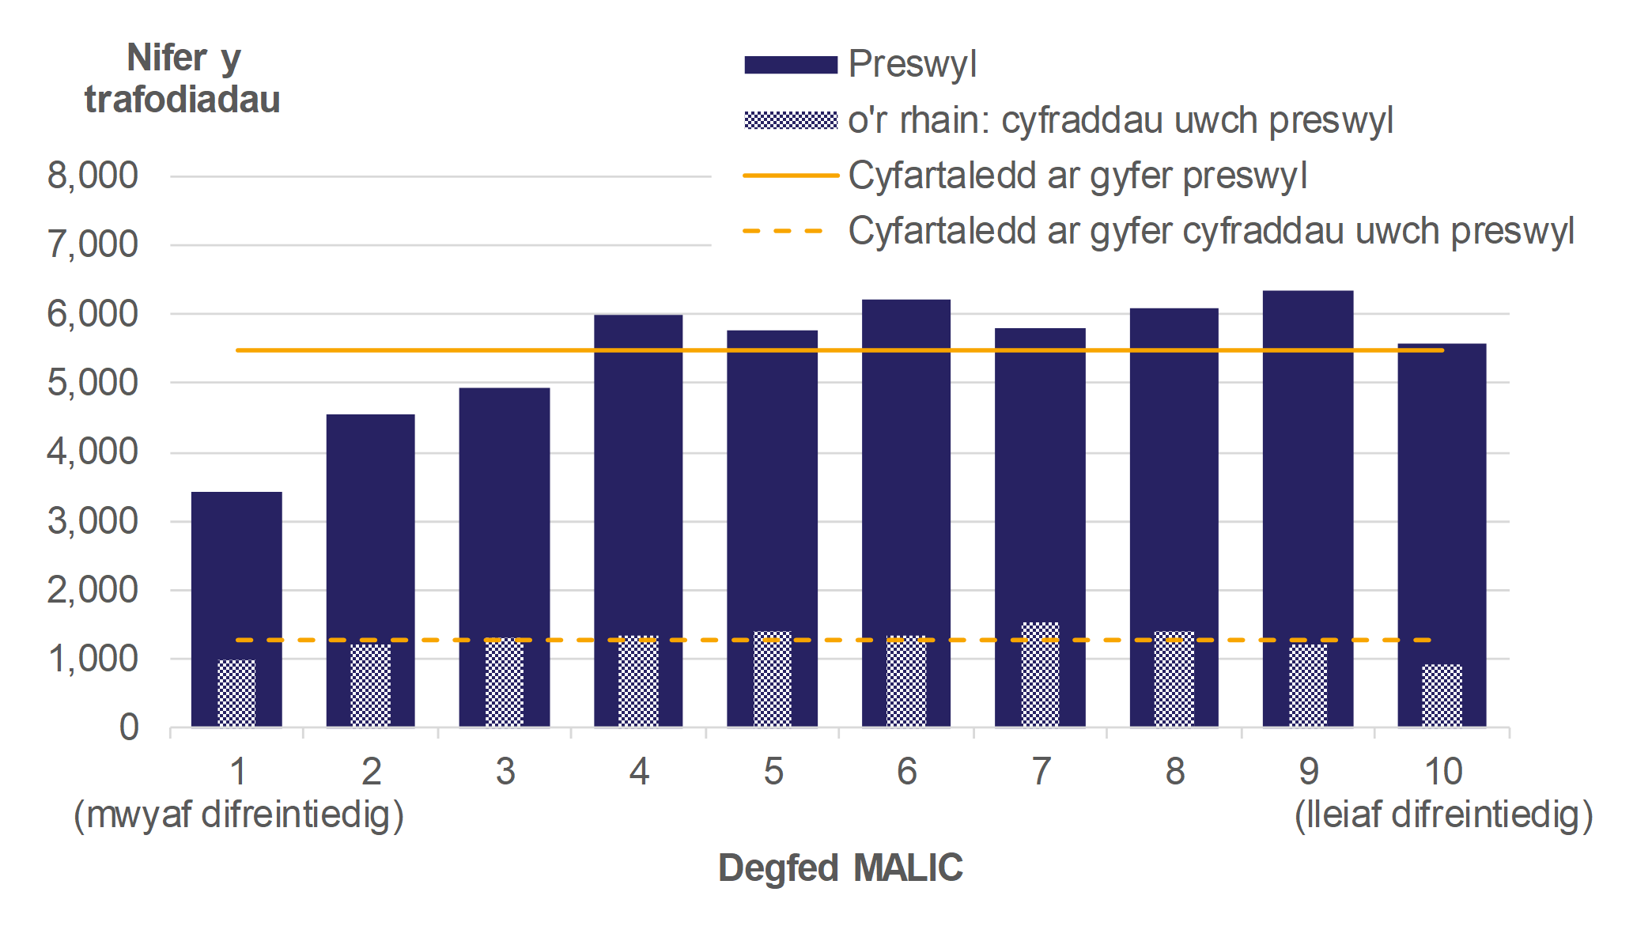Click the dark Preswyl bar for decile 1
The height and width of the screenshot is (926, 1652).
pyautogui.click(x=236, y=569)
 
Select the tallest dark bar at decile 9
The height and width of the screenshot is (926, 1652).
pyautogui.click(x=1308, y=474)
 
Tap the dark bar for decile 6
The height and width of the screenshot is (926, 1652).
pyautogui.click(x=906, y=474)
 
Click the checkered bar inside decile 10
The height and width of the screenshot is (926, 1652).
pyautogui.click(x=1442, y=696)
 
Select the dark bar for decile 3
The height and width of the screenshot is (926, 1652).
pyautogui.click(x=505, y=514)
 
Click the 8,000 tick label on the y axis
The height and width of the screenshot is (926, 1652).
pyautogui.click(x=93, y=176)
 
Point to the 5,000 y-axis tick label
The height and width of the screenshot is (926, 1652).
pyautogui.click(x=93, y=383)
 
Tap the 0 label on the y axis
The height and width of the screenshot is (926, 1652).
pyautogui.click(x=129, y=727)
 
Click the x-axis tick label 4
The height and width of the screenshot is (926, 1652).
pyautogui.click(x=639, y=771)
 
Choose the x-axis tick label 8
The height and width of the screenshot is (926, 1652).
pyautogui.click(x=1175, y=771)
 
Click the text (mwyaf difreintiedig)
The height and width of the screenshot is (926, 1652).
pyautogui.click(x=239, y=815)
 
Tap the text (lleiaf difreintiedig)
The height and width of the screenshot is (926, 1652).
pyautogui.click(x=1443, y=815)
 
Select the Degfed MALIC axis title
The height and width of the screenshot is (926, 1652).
pyautogui.click(x=840, y=867)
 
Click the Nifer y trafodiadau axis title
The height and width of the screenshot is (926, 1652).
pyautogui.click(x=183, y=79)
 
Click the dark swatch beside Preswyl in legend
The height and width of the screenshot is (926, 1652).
pyautogui.click(x=790, y=65)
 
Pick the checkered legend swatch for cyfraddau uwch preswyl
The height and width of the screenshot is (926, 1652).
pyautogui.click(x=790, y=120)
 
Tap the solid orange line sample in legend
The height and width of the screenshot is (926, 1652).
pyautogui.click(x=790, y=176)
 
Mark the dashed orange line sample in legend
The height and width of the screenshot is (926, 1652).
pyautogui.click(x=783, y=231)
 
